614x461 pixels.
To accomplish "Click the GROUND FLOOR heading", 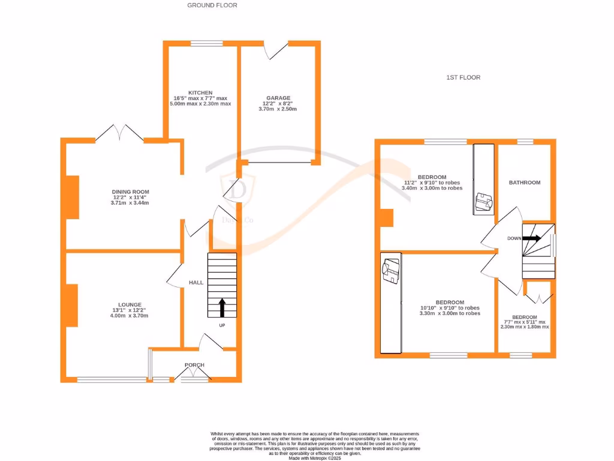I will pos(212,5).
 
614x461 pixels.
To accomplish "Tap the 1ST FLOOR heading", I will pos(463,77).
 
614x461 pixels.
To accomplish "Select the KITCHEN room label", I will pos(200,92).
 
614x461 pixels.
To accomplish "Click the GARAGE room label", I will pos(278,98).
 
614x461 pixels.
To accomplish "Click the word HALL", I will pos(196,282).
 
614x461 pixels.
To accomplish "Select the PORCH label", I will pos(194,365).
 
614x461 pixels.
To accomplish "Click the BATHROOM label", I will pos(525,182).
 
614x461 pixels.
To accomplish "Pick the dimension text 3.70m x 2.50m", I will pos(278,109).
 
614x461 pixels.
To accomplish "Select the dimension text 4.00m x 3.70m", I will pos(129,316).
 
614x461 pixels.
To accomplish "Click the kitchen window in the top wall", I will pos(206,43).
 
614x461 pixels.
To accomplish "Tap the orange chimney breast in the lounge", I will pos(71,305).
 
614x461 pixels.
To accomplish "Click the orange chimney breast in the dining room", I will pos(71,197).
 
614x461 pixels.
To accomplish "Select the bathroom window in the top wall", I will pos(525,142).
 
